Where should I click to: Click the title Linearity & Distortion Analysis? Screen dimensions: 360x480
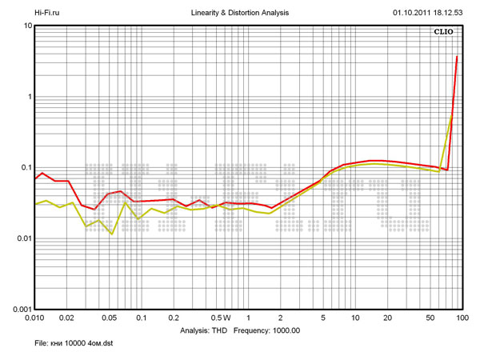(x=241, y=13)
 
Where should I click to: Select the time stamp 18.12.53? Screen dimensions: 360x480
(x=452, y=13)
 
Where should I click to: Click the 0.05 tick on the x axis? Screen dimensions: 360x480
(x=109, y=318)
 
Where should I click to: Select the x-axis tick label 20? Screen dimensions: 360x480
(x=387, y=318)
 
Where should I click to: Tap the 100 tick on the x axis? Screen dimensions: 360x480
(x=461, y=318)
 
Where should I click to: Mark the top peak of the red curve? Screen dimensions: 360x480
(x=457, y=56)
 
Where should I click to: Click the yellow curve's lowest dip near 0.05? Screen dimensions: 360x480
(x=112, y=234)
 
